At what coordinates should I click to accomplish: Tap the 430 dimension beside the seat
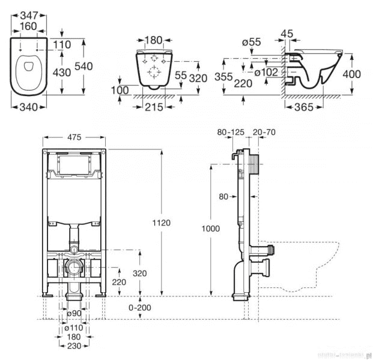[62, 72]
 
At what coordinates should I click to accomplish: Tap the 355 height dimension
[224, 77]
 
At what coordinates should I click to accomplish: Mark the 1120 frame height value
[162, 223]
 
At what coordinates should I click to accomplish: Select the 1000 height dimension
[211, 229]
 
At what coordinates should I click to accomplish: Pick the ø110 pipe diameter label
[73, 329]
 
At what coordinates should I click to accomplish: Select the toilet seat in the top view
[27, 71]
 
